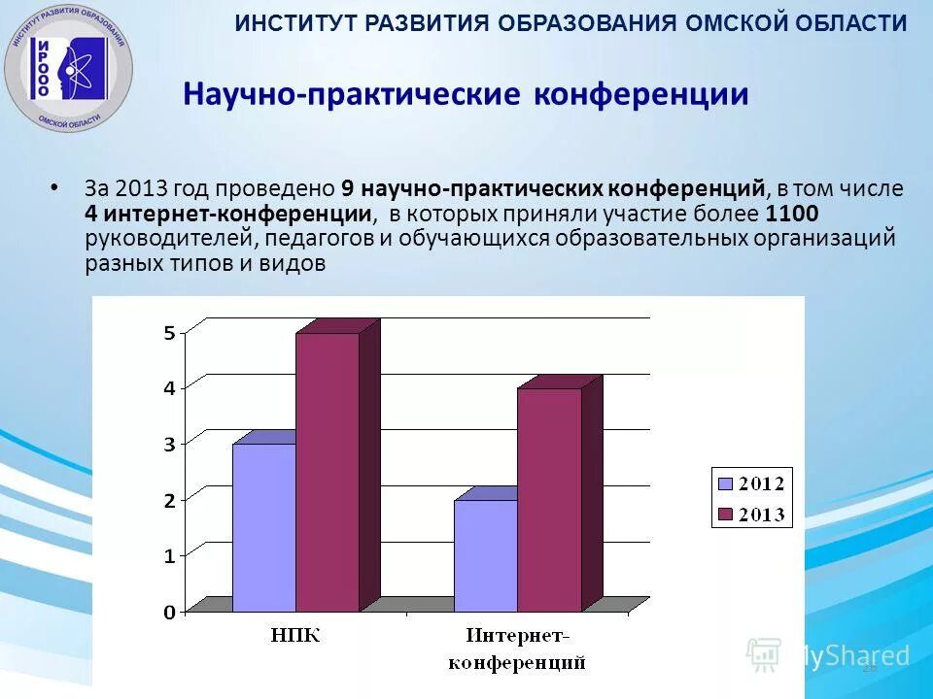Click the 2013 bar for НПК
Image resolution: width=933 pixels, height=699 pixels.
pyautogui.click(x=328, y=472)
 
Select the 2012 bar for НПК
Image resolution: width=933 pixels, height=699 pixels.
pyautogui.click(x=263, y=527)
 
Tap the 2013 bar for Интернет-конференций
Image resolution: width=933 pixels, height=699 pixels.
pyautogui.click(x=548, y=499)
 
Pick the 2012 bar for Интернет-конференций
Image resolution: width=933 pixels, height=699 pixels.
pyautogui.click(x=485, y=555)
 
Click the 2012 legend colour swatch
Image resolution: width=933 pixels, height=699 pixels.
pyautogui.click(x=724, y=483)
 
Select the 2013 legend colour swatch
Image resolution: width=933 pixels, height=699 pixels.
pyautogui.click(x=724, y=514)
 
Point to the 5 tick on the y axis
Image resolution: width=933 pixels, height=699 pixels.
pyautogui.click(x=169, y=333)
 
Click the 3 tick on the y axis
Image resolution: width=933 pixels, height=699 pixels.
pyautogui.click(x=169, y=445)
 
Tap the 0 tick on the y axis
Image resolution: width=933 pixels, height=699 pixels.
pyautogui.click(x=169, y=613)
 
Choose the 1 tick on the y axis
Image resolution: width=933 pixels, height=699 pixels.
pyautogui.click(x=169, y=556)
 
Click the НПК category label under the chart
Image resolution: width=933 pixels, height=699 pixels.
pyautogui.click(x=295, y=637)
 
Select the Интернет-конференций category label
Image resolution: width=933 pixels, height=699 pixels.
pyautogui.click(x=517, y=649)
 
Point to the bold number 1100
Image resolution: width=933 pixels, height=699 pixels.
pyautogui.click(x=792, y=214)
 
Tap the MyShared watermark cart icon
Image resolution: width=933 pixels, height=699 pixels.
pyautogui.click(x=764, y=655)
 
